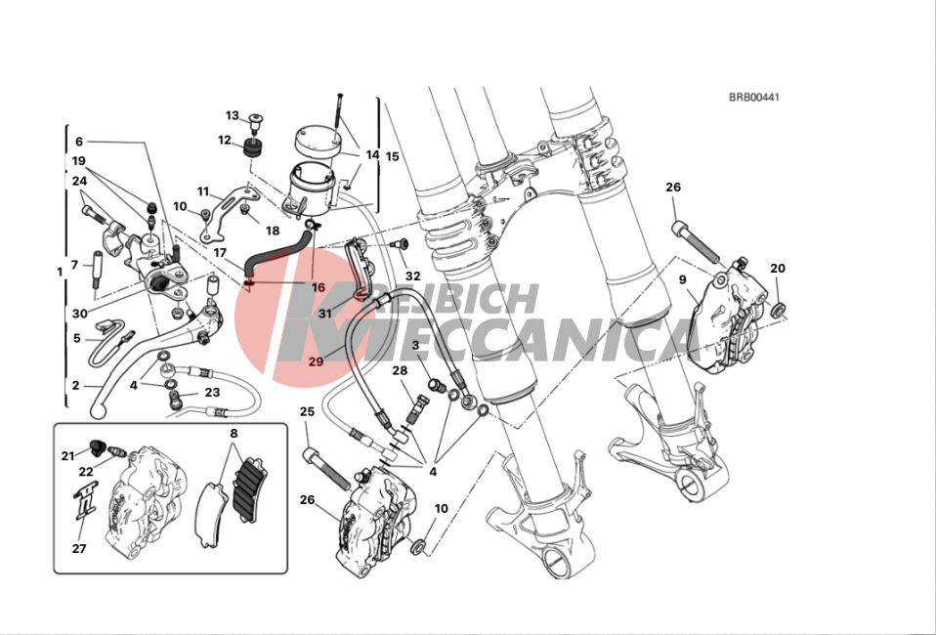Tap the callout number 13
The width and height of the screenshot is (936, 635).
[x=233, y=116]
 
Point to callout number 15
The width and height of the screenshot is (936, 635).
[x=392, y=156]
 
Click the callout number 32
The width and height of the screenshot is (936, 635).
[x=412, y=275]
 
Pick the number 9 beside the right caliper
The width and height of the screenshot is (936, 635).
[x=683, y=279]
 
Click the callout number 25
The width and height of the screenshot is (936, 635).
[x=307, y=412]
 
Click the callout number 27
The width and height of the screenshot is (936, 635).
[x=79, y=548]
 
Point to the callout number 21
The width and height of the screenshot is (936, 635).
[x=67, y=455]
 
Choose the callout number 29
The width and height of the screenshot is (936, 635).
[x=316, y=362]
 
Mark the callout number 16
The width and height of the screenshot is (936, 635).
[x=318, y=288]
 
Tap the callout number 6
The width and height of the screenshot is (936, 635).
[x=79, y=141]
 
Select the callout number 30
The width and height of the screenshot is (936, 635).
[x=79, y=315]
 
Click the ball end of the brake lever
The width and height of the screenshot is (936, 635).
[x=98, y=410]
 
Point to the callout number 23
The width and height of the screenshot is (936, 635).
[x=212, y=393]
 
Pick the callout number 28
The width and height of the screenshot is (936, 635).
[x=400, y=370]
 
